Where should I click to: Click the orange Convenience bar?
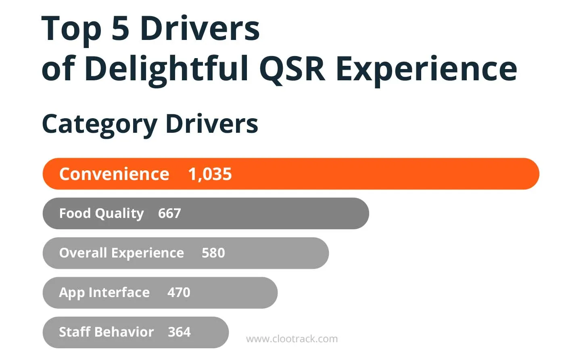pyautogui.click(x=363, y=174)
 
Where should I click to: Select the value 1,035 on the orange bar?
pyautogui.click(x=210, y=174)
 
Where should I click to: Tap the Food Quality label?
pyautogui.click(x=101, y=213)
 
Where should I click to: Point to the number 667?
pyautogui.click(x=169, y=213)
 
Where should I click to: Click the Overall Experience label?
pyautogui.click(x=121, y=253)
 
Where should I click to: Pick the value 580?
pyautogui.click(x=213, y=253)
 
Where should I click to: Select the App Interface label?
pyautogui.click(x=104, y=293)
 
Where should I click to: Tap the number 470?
pyautogui.click(x=179, y=293)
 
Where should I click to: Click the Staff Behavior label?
pyautogui.click(x=106, y=332)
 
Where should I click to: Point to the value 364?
pyautogui.click(x=179, y=332)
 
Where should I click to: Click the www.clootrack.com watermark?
pyautogui.click(x=292, y=339)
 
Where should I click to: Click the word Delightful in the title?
pyautogui.click(x=167, y=69)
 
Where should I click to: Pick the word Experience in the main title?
pyautogui.click(x=426, y=69)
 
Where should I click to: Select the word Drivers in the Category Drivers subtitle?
pyautogui.click(x=212, y=123)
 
